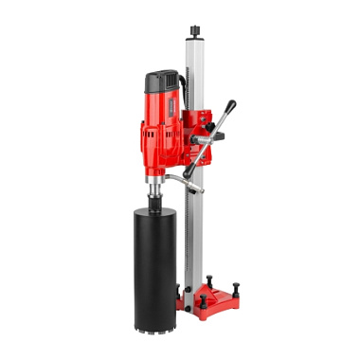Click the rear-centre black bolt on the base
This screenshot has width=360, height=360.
pyautogui.click(x=208, y=278)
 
